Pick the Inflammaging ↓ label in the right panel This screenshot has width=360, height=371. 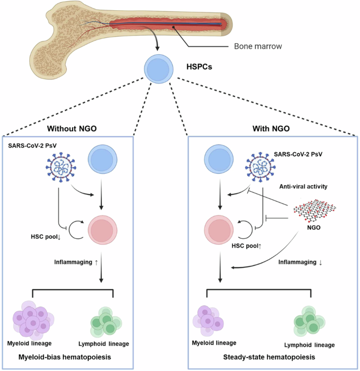point(300,262)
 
